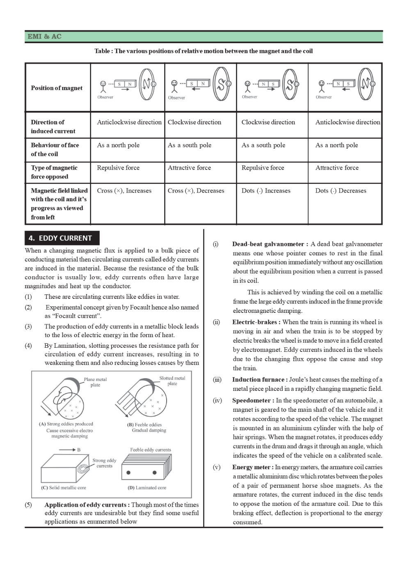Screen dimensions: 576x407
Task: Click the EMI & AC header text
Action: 44,37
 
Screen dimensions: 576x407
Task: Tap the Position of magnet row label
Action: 57,88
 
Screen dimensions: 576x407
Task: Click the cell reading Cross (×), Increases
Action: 124,190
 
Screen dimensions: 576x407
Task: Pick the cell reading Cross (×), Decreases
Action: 196,190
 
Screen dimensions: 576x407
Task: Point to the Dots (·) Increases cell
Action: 266,190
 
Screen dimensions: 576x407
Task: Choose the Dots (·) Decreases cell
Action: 341,190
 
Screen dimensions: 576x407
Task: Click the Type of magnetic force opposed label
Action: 54,172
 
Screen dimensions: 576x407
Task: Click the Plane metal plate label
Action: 95,382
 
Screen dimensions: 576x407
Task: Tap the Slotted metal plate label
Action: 172,381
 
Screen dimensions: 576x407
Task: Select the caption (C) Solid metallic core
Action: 64,488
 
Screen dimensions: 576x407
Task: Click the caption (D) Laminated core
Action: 147,488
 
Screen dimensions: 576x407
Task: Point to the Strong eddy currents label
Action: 104,463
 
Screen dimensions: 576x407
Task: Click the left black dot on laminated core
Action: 128,473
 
